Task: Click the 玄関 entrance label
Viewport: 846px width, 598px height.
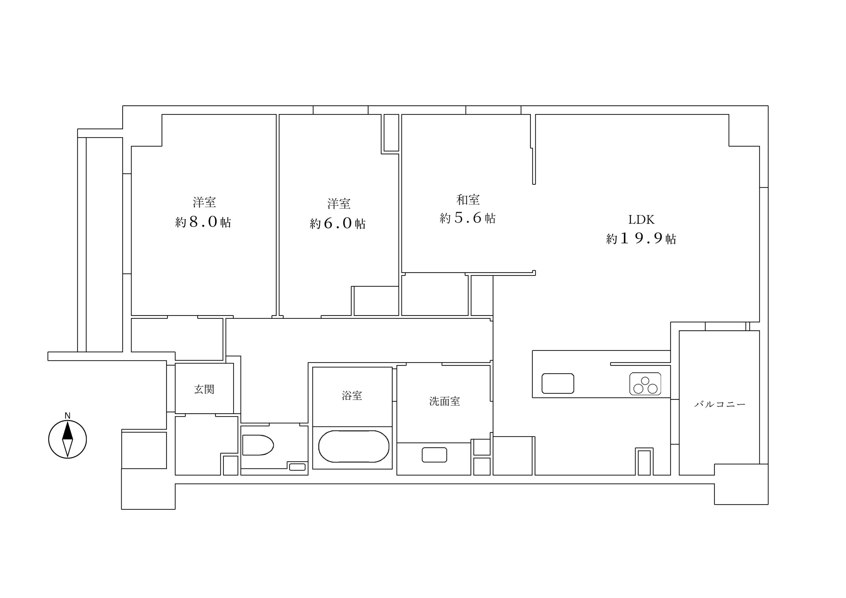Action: pyautogui.click(x=204, y=390)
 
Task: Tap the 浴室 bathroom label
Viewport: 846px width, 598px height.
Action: pyautogui.click(x=352, y=396)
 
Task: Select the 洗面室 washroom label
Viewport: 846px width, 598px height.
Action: pyautogui.click(x=445, y=401)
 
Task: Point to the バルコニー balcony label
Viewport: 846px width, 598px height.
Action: pyautogui.click(x=720, y=404)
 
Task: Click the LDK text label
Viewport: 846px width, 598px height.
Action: pyautogui.click(x=641, y=220)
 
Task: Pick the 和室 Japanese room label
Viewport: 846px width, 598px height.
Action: pyautogui.click(x=468, y=200)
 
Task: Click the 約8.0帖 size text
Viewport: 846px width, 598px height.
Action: pyautogui.click(x=203, y=222)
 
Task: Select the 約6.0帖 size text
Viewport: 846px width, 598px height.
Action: pyautogui.click(x=337, y=223)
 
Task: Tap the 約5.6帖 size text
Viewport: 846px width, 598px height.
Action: pyautogui.click(x=468, y=218)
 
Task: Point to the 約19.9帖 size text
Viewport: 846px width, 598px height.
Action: pyautogui.click(x=641, y=239)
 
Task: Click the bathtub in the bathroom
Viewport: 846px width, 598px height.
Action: pyautogui.click(x=353, y=446)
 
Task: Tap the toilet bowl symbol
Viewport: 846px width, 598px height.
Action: pyautogui.click(x=257, y=445)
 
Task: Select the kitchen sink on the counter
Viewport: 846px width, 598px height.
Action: pyautogui.click(x=558, y=383)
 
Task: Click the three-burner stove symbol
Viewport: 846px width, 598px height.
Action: pyautogui.click(x=645, y=384)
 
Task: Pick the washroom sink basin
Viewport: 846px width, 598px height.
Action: pyautogui.click(x=435, y=455)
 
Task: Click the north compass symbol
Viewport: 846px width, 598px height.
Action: pyautogui.click(x=67, y=439)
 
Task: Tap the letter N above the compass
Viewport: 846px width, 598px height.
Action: pyautogui.click(x=67, y=416)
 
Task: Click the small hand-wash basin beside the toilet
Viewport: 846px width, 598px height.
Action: pyautogui.click(x=297, y=467)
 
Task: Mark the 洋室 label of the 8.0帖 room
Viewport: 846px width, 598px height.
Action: pyautogui.click(x=204, y=202)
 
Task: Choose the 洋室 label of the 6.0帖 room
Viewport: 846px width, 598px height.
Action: pyautogui.click(x=339, y=204)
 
